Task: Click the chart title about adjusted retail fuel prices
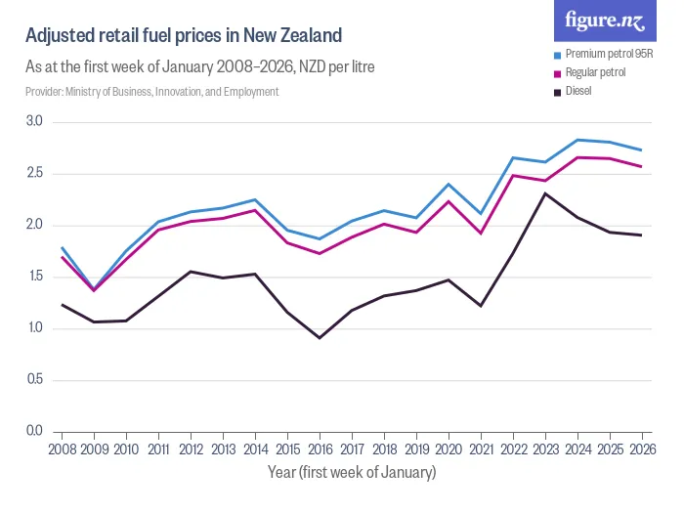click(184, 36)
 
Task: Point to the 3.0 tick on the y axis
click(34, 122)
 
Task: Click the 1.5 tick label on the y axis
click(34, 277)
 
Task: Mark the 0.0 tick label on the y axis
click(34, 431)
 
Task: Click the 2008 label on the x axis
click(62, 450)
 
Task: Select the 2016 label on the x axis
click(320, 450)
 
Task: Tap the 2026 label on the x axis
click(641, 450)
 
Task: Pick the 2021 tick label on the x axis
click(481, 450)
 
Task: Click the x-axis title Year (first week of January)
click(352, 473)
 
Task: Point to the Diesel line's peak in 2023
click(545, 193)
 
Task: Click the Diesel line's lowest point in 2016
click(320, 338)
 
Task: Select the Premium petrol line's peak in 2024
click(577, 140)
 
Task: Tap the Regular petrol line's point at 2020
click(449, 201)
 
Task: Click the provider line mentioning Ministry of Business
click(152, 92)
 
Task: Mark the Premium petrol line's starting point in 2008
click(62, 247)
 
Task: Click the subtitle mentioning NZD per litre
click(200, 67)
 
